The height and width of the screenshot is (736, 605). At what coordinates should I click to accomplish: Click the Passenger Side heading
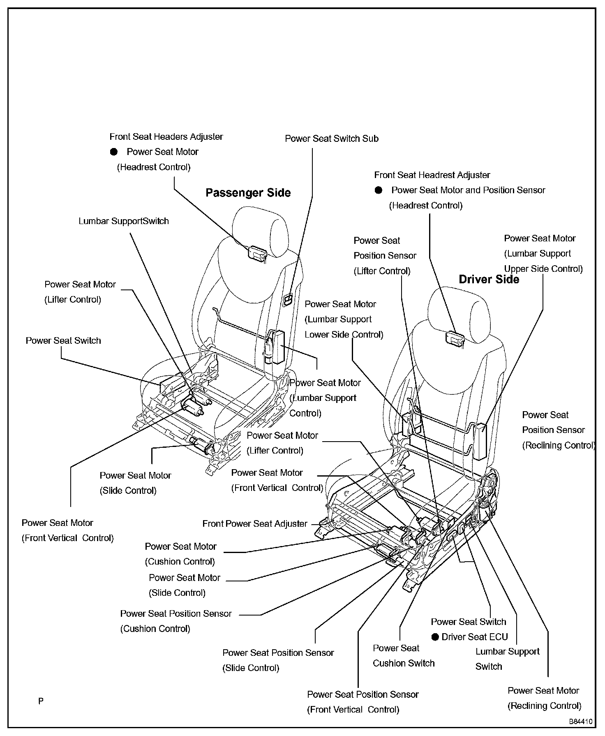[x=248, y=193]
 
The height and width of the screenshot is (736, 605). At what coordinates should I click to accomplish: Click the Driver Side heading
[x=489, y=280]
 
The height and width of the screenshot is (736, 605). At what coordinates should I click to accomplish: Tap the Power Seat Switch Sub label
[x=331, y=139]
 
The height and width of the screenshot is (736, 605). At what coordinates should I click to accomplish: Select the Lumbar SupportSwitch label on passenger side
[x=124, y=221]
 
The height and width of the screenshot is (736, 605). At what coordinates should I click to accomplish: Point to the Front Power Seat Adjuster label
[x=255, y=524]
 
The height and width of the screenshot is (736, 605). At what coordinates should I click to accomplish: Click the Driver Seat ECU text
[x=475, y=637]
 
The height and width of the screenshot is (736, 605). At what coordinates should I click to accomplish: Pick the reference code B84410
[x=580, y=721]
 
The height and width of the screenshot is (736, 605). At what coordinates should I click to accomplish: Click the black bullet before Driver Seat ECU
[x=435, y=637]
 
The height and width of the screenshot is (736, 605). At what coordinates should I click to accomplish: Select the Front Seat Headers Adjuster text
[x=166, y=137]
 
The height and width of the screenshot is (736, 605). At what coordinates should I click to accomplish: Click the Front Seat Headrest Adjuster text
[x=432, y=175]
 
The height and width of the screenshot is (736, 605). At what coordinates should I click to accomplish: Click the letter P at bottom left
[x=41, y=701]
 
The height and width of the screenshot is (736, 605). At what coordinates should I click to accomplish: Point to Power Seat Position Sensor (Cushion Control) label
[x=176, y=621]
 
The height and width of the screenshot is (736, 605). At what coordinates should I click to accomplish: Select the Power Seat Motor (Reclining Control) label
[x=544, y=698]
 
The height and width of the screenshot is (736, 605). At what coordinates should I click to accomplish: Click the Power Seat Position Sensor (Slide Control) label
[x=278, y=660]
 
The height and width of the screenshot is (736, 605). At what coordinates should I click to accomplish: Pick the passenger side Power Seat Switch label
[x=63, y=341]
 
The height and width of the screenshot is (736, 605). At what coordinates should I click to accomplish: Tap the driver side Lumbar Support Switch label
[x=507, y=659]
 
